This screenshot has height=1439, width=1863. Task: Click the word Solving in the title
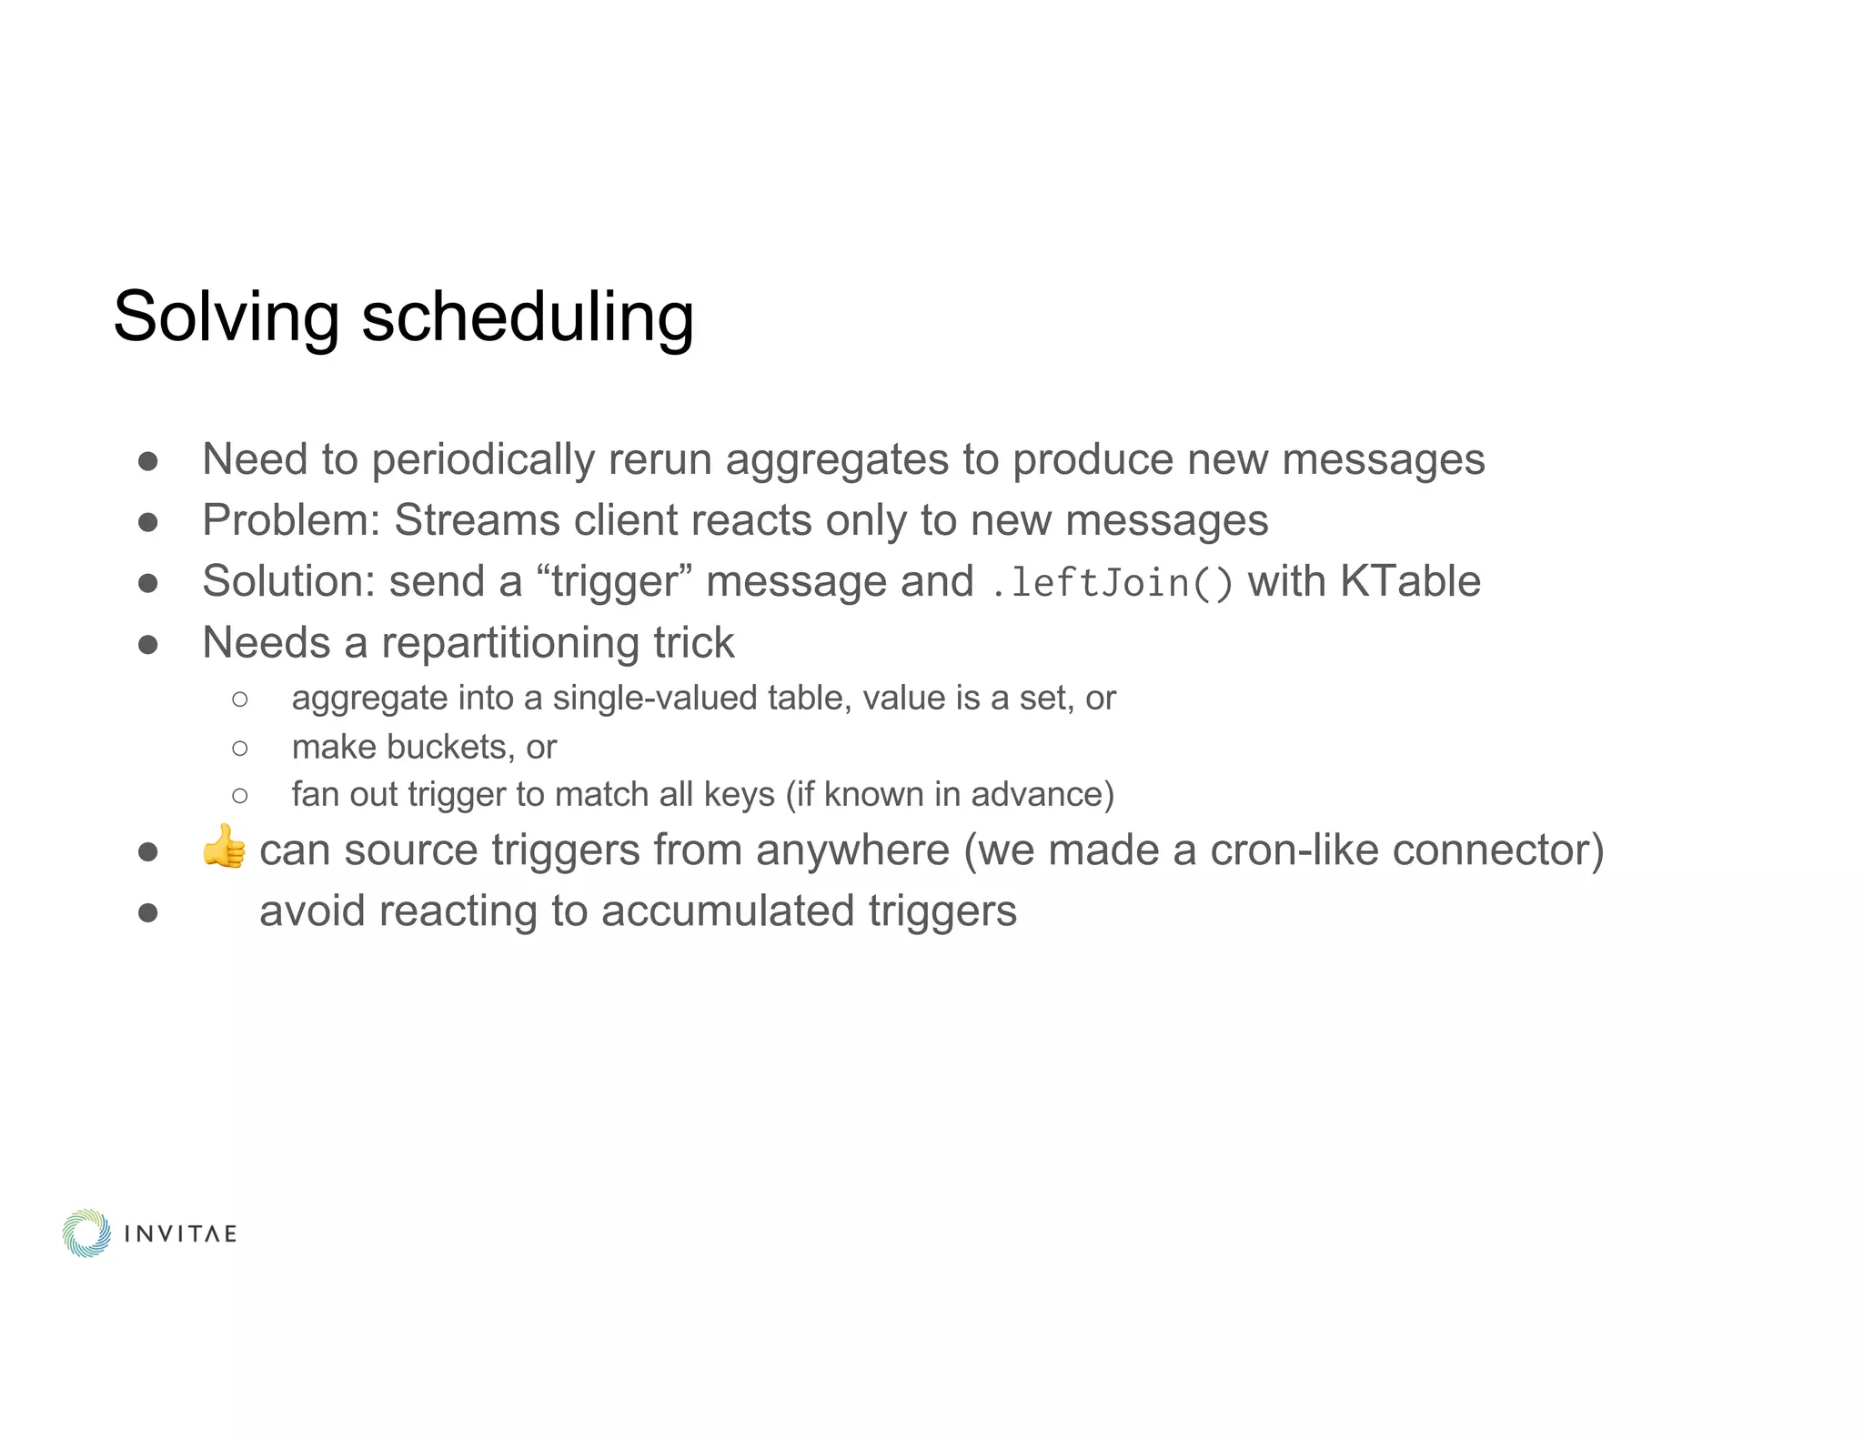227,317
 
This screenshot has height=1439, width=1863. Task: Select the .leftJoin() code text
1111,582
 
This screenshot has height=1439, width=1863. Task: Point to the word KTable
1410,580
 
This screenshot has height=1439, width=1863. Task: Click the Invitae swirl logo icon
86,1233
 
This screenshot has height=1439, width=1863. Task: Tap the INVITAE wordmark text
180,1233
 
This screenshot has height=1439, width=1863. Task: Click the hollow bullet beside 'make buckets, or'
240,748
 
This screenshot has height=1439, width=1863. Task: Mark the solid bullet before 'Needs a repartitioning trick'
148,645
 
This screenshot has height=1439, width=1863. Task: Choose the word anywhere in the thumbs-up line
852,850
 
